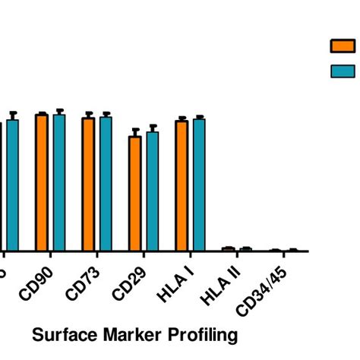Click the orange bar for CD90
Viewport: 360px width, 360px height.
(42, 182)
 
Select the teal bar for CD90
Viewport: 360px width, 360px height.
(59, 182)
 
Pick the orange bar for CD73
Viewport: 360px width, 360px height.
(88, 184)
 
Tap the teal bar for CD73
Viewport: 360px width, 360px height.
(106, 184)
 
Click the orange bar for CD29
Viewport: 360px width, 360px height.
(134, 194)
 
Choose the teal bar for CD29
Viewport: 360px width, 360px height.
(152, 191)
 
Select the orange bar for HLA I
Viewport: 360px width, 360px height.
(182, 185)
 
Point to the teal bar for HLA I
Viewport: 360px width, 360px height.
(199, 185)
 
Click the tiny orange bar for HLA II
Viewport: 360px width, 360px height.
(228, 248)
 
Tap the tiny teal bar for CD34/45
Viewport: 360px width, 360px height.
(292, 250)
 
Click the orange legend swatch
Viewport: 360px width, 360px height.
(343, 46)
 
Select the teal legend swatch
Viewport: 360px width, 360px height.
(343, 71)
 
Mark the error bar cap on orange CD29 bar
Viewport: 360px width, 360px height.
(134, 130)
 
